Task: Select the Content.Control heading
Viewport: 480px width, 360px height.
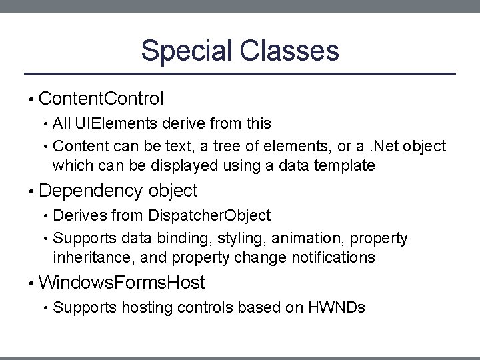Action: [x=101, y=99]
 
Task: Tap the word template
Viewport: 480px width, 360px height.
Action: [x=345, y=165]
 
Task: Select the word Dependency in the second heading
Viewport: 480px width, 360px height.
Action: [x=91, y=191]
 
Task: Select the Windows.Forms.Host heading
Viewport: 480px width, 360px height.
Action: [x=122, y=283]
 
